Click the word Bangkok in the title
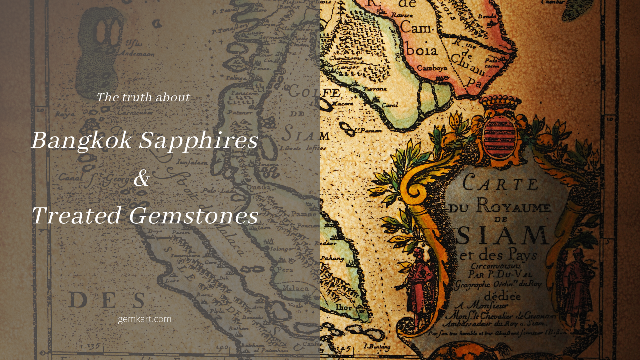click(81, 141)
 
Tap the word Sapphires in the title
click(198, 141)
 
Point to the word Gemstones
click(193, 215)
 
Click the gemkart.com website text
click(145, 319)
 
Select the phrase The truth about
click(143, 97)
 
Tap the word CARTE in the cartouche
click(500, 183)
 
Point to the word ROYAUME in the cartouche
click(513, 206)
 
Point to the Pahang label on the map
click(332, 258)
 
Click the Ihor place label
click(344, 307)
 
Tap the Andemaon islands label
click(137, 53)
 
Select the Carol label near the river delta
click(390, 105)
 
